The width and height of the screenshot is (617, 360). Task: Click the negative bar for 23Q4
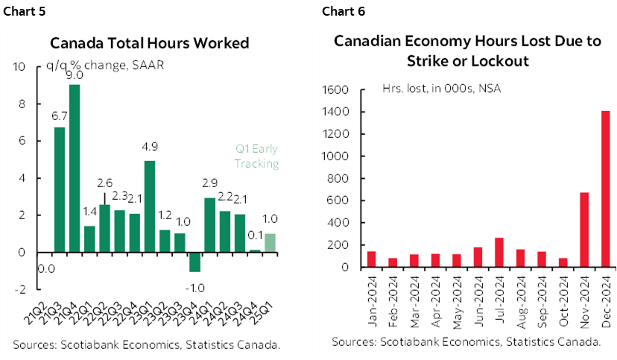pos(194,262)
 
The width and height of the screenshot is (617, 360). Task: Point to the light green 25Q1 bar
pos(270,244)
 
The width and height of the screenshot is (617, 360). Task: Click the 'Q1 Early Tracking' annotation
pos(256,157)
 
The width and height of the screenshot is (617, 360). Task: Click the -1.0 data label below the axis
pos(194,285)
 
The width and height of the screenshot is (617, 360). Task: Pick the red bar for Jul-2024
pos(477,252)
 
